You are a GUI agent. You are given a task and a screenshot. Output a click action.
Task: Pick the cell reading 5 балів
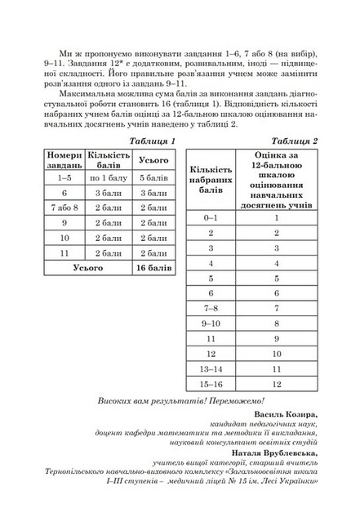pyautogui.click(x=153, y=155)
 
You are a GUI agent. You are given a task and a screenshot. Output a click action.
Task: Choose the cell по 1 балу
pyautogui.click(x=109, y=155)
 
